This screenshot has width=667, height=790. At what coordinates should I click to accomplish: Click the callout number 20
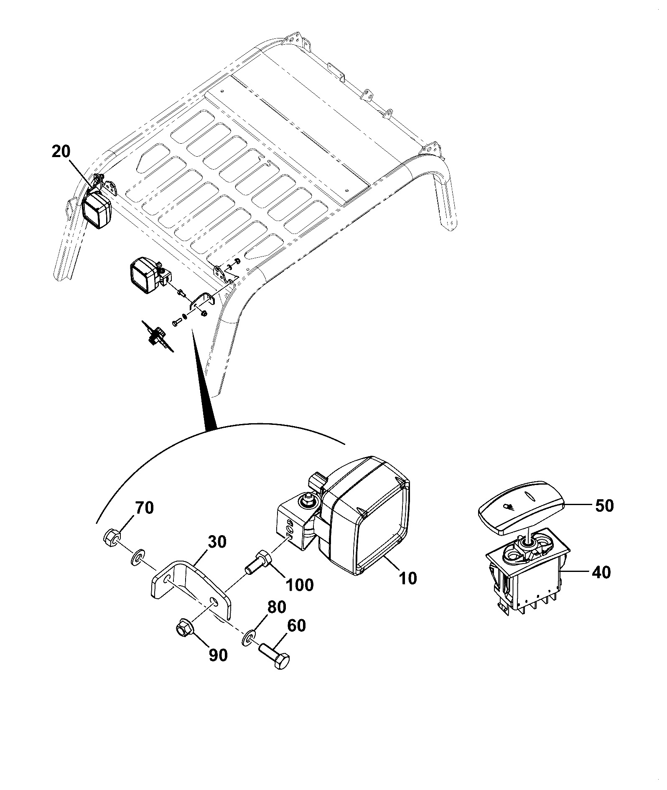[61, 152]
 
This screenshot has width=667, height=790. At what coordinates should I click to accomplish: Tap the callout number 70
[144, 508]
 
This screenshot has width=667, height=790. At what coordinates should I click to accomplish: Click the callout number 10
[407, 579]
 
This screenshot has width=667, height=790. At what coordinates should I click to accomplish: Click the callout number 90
[218, 655]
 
